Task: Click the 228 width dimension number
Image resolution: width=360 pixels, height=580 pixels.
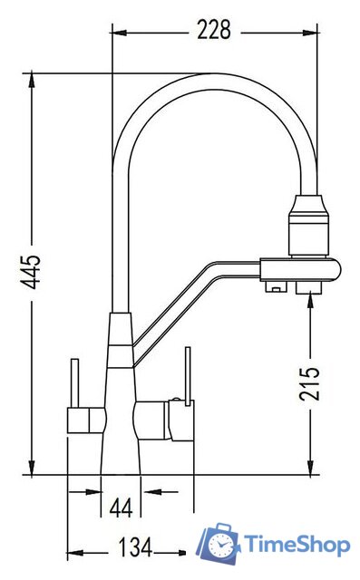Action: click(x=214, y=30)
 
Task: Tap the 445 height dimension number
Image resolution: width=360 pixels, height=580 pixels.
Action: click(x=30, y=272)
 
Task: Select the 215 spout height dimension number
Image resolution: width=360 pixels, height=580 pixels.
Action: click(x=309, y=384)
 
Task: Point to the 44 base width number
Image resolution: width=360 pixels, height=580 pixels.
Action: click(x=121, y=507)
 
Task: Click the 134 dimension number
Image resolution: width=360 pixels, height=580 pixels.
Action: click(x=135, y=547)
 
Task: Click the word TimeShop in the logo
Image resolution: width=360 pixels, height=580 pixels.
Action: click(x=297, y=545)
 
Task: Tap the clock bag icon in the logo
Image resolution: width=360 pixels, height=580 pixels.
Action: click(x=219, y=543)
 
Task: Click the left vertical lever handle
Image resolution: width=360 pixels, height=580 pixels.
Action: click(x=74, y=383)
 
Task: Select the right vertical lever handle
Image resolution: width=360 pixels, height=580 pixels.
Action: click(x=188, y=376)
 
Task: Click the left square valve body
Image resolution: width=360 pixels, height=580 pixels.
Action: click(x=86, y=420)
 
